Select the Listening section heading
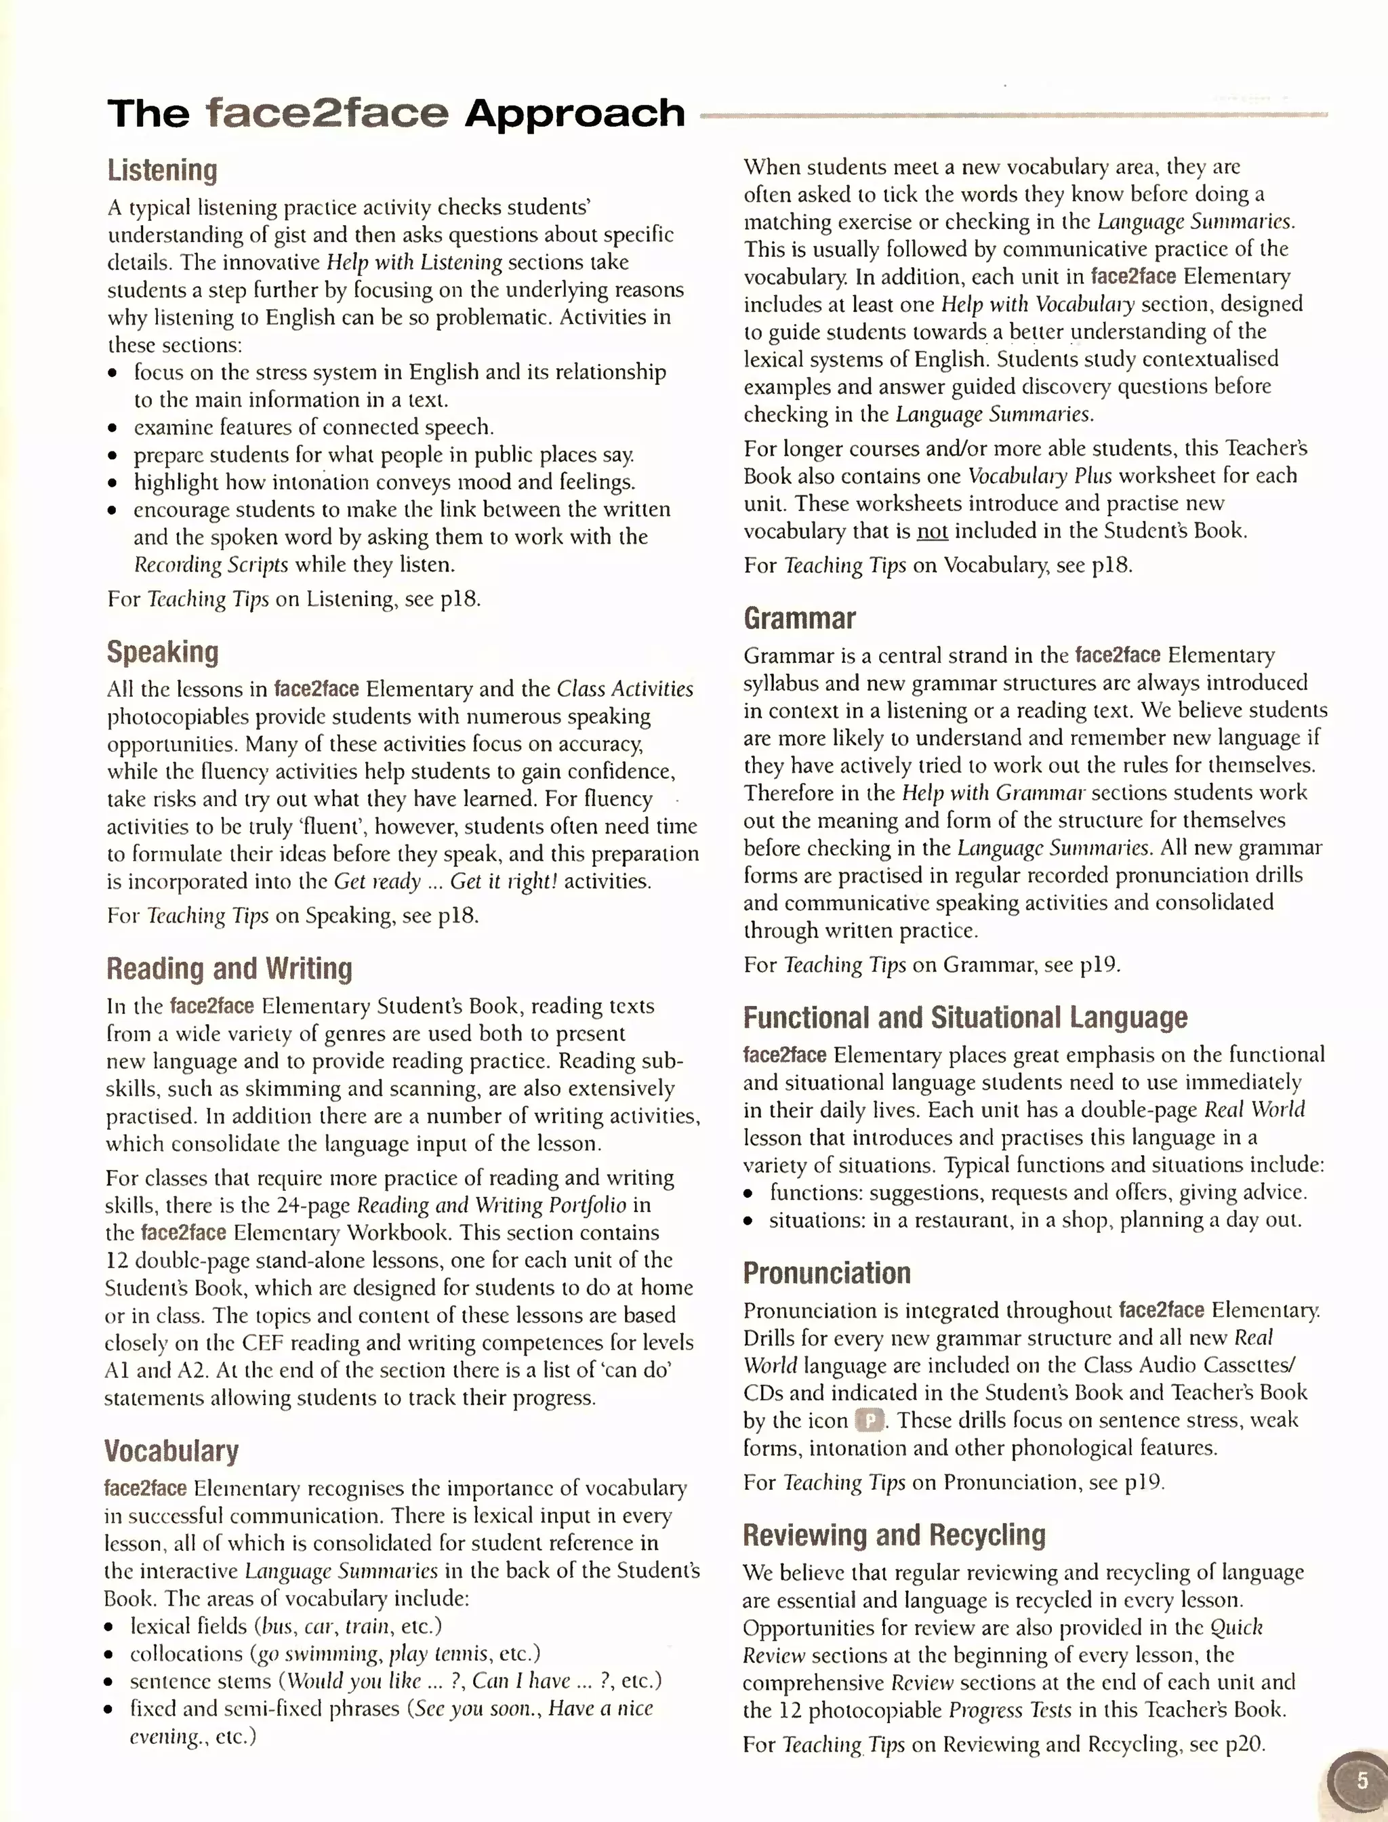click(x=162, y=170)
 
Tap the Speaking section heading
click(x=163, y=652)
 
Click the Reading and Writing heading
click(x=229, y=969)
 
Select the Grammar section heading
click(x=799, y=618)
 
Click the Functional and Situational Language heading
click(x=964, y=1017)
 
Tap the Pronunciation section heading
click(x=826, y=1272)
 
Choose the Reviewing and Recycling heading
click(x=893, y=1535)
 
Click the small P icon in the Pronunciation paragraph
click(x=869, y=1421)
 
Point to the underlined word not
click(x=932, y=531)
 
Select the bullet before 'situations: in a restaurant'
click(x=748, y=1221)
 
